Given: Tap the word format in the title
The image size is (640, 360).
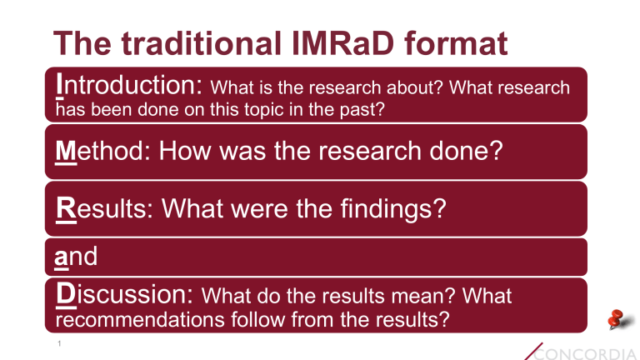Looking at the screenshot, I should (x=459, y=43).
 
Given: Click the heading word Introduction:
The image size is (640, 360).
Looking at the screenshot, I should (x=130, y=85).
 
